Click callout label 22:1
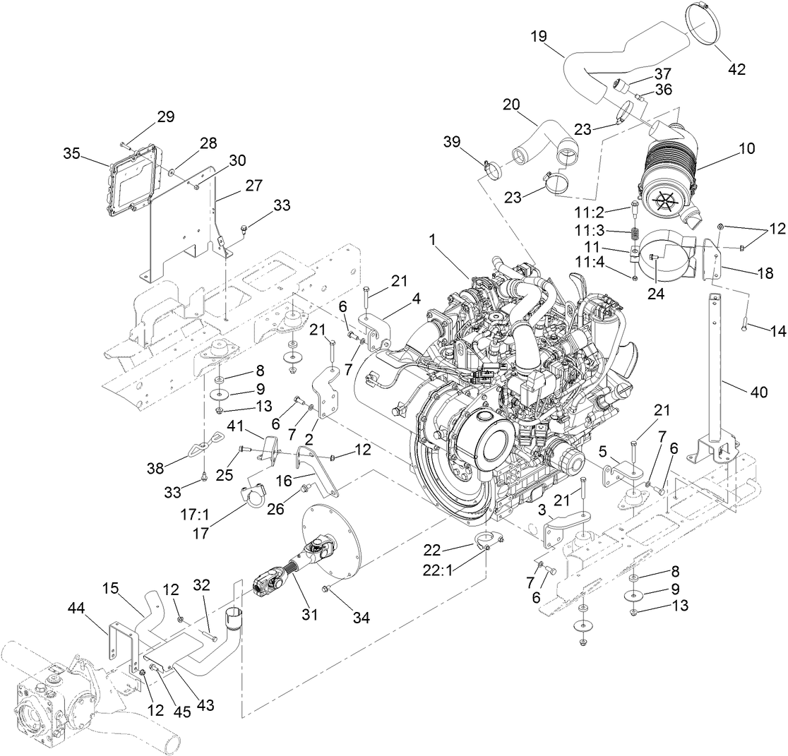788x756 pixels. [457, 567]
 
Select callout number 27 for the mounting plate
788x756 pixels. [253, 186]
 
